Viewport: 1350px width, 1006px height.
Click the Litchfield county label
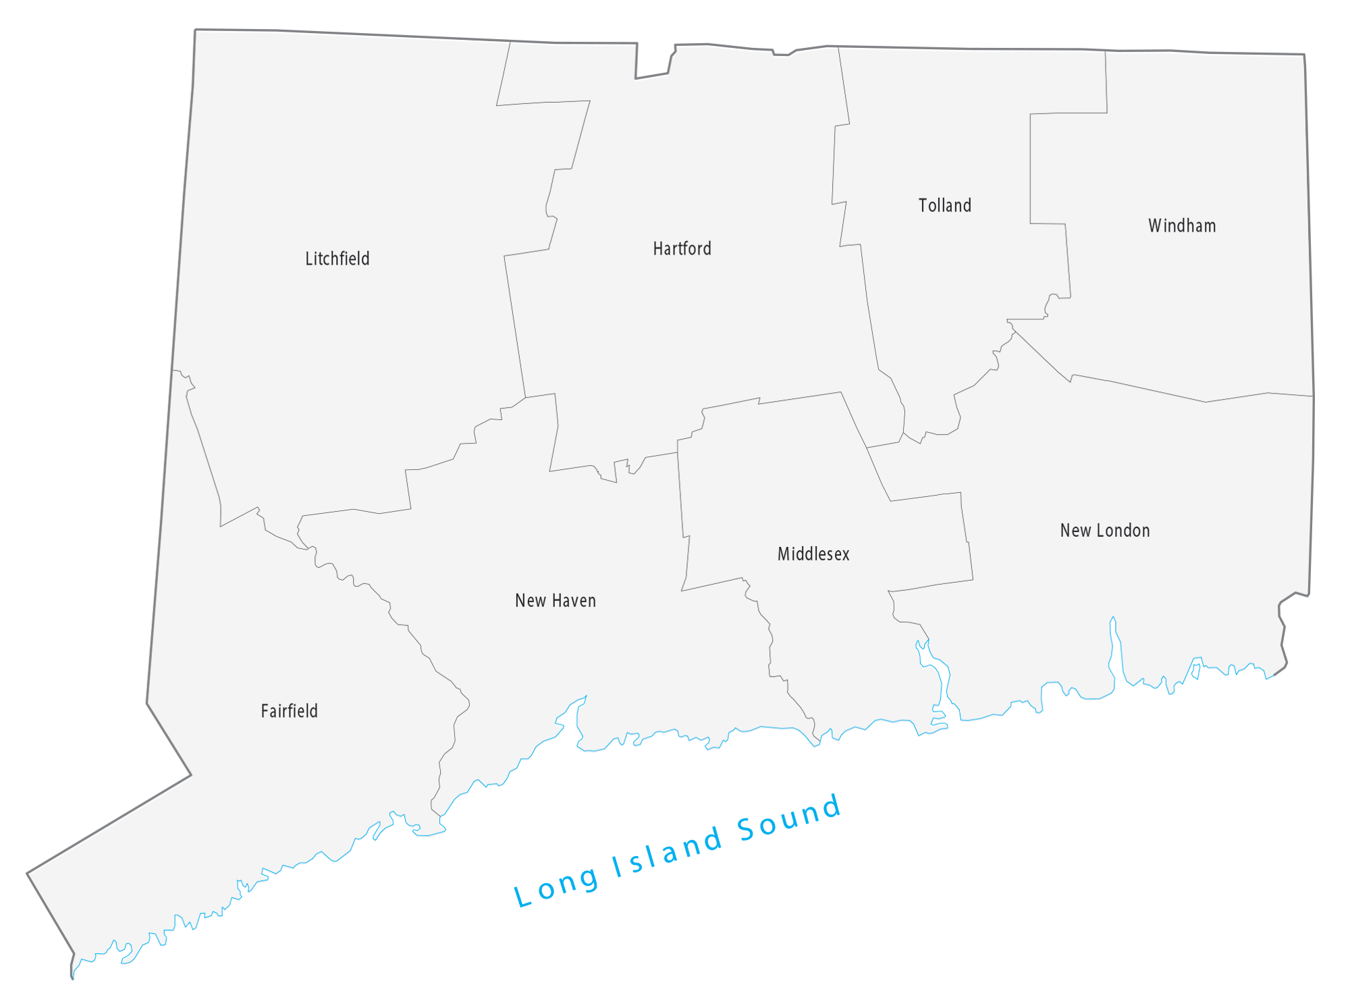pyautogui.click(x=337, y=259)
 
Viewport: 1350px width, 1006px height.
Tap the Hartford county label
pyautogui.click(x=682, y=248)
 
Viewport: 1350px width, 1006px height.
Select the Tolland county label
pyautogui.click(x=944, y=205)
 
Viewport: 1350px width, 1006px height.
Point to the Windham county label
pyautogui.click(x=1182, y=226)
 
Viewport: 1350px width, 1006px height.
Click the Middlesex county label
pyautogui.click(x=813, y=554)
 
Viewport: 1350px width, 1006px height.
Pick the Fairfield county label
pyautogui.click(x=289, y=711)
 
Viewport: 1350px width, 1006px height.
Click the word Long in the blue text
pyautogui.click(x=556, y=886)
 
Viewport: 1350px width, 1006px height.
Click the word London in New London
pyautogui.click(x=1125, y=531)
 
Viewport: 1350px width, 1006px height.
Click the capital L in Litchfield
pyautogui.click(x=308, y=259)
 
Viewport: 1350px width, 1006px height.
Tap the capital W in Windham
pyautogui.click(x=1155, y=226)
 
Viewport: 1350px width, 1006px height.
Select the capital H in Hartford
pyautogui.click(x=657, y=248)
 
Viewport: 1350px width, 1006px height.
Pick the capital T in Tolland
pyautogui.click(x=923, y=205)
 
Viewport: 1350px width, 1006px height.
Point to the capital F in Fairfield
pyautogui.click(x=264, y=711)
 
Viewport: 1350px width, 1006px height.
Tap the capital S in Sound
pyautogui.click(x=747, y=829)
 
